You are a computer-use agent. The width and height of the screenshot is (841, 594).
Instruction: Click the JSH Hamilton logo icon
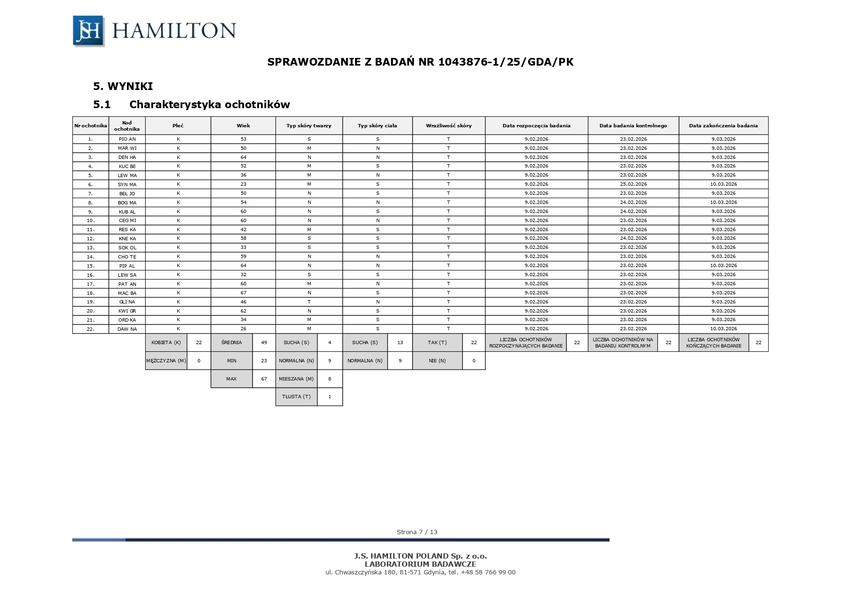pos(89,31)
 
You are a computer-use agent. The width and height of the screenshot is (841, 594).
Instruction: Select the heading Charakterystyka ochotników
pos(209,104)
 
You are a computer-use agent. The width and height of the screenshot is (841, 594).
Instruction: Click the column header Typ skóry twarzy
pos(309,126)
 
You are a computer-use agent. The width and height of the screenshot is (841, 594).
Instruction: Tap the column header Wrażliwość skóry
pos(449,126)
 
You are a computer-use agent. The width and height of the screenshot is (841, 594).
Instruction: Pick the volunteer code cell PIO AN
pos(127,139)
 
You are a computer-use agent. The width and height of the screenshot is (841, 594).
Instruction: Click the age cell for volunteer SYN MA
pos(243,184)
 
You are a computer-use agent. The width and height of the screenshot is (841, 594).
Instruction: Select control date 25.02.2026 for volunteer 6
pos(633,184)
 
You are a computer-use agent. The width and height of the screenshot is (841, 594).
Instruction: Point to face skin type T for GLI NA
pos(309,302)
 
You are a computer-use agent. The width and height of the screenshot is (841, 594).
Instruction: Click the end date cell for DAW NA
pos(723,329)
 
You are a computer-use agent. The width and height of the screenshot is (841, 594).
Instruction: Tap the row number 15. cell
pos(91,266)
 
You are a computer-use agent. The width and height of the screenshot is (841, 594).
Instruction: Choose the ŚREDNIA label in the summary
pos(231,343)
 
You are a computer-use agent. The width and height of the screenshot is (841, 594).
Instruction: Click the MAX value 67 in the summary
pos(264,379)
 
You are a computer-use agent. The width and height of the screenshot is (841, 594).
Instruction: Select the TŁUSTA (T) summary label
pos(296,397)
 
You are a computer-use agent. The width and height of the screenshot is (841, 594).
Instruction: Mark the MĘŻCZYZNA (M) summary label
pos(166,361)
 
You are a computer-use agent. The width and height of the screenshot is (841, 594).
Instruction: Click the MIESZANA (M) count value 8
pos(330,379)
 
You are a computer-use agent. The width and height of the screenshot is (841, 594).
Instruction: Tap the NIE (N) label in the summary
pos(437,361)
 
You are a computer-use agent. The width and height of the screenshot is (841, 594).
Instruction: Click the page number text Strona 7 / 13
pos(417,532)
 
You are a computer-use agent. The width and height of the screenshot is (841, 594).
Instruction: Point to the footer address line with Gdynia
pos(420,572)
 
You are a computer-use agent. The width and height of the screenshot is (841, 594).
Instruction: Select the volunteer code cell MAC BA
pos(127,293)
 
